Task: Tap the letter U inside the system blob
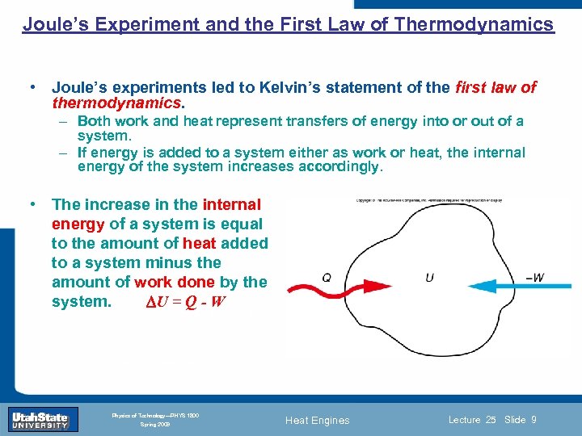click(x=429, y=278)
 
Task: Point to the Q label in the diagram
click(x=326, y=277)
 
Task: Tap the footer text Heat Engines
click(x=318, y=420)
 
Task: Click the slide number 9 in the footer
click(x=534, y=419)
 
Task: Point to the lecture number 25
click(x=491, y=419)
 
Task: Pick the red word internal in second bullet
click(x=232, y=204)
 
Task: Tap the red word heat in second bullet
click(x=199, y=243)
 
